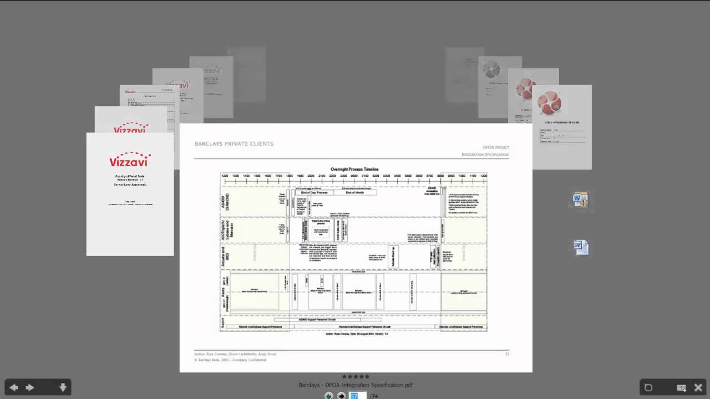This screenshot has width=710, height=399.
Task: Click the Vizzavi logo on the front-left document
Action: point(130,160)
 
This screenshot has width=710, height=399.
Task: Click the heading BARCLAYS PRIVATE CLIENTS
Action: point(234,144)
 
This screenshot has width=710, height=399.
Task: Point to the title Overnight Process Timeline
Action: point(354,169)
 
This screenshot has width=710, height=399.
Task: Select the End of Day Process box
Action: point(314,192)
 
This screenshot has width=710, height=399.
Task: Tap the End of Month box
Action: point(354,192)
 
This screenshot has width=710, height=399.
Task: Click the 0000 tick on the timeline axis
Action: point(354,176)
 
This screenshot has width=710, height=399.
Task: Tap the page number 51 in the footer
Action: point(506,354)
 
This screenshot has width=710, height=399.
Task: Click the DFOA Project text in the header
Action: point(495,147)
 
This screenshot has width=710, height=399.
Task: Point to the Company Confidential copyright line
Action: point(230,360)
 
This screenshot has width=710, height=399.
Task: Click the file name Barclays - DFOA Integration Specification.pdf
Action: point(355,385)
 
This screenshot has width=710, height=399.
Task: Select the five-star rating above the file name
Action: point(355,377)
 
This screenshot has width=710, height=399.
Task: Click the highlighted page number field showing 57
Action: point(357,396)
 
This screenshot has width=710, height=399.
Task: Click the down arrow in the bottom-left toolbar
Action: point(63,387)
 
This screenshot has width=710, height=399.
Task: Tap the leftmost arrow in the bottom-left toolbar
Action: point(14,387)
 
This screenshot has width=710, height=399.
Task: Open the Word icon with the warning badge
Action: point(580,199)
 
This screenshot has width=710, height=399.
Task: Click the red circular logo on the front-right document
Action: point(549,103)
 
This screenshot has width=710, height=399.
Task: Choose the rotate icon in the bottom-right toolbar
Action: point(648,387)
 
